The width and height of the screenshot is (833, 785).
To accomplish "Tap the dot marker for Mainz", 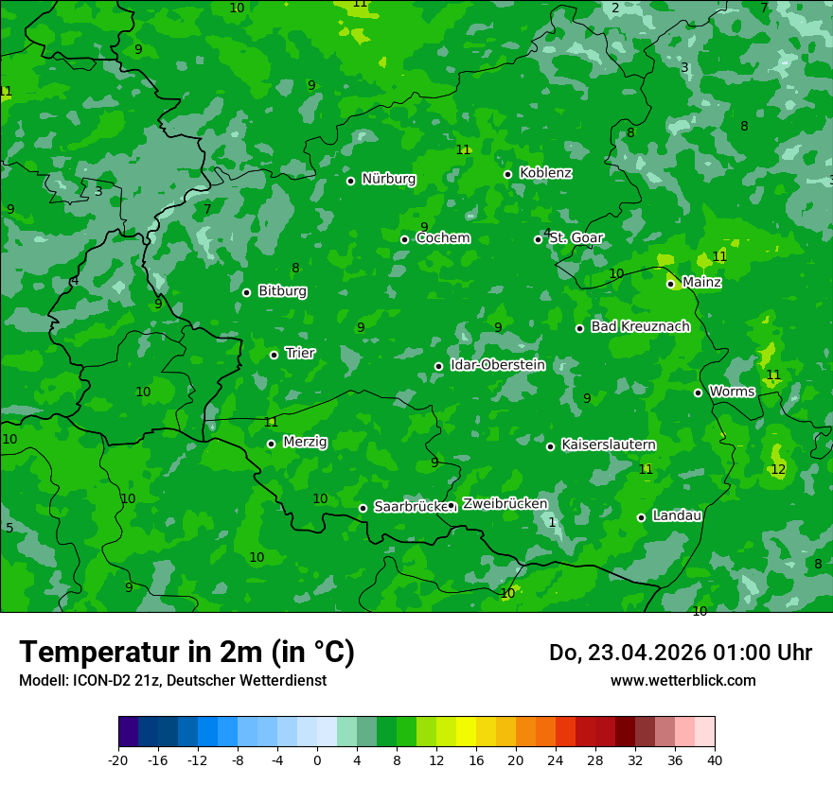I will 670,284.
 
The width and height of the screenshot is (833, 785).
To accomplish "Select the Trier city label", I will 300,354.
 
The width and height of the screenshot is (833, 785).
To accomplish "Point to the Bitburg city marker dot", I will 246,292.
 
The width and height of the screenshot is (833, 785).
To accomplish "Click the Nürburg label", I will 388,179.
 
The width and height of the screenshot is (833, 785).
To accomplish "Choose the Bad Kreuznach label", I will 640,327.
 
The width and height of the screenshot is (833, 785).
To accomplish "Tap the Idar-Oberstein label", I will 497,365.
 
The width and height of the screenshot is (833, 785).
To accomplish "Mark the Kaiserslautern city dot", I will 550,446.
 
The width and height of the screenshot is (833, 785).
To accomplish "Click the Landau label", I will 677,516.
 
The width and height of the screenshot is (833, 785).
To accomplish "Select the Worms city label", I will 732,392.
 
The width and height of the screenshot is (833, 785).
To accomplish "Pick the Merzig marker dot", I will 271,444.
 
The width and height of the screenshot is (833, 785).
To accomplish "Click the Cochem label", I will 442,238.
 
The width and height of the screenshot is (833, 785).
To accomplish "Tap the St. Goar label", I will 576,238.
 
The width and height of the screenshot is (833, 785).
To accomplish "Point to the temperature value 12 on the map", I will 778,470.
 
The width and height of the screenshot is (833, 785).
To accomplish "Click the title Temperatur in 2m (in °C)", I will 186,653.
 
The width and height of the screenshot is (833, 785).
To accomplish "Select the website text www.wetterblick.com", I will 682,681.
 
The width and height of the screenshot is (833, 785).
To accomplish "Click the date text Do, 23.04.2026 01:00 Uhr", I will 680,653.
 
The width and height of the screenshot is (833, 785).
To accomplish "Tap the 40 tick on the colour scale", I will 714,760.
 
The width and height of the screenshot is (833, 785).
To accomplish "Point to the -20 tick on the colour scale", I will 118,760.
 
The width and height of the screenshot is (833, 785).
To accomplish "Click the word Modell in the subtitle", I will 42,681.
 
